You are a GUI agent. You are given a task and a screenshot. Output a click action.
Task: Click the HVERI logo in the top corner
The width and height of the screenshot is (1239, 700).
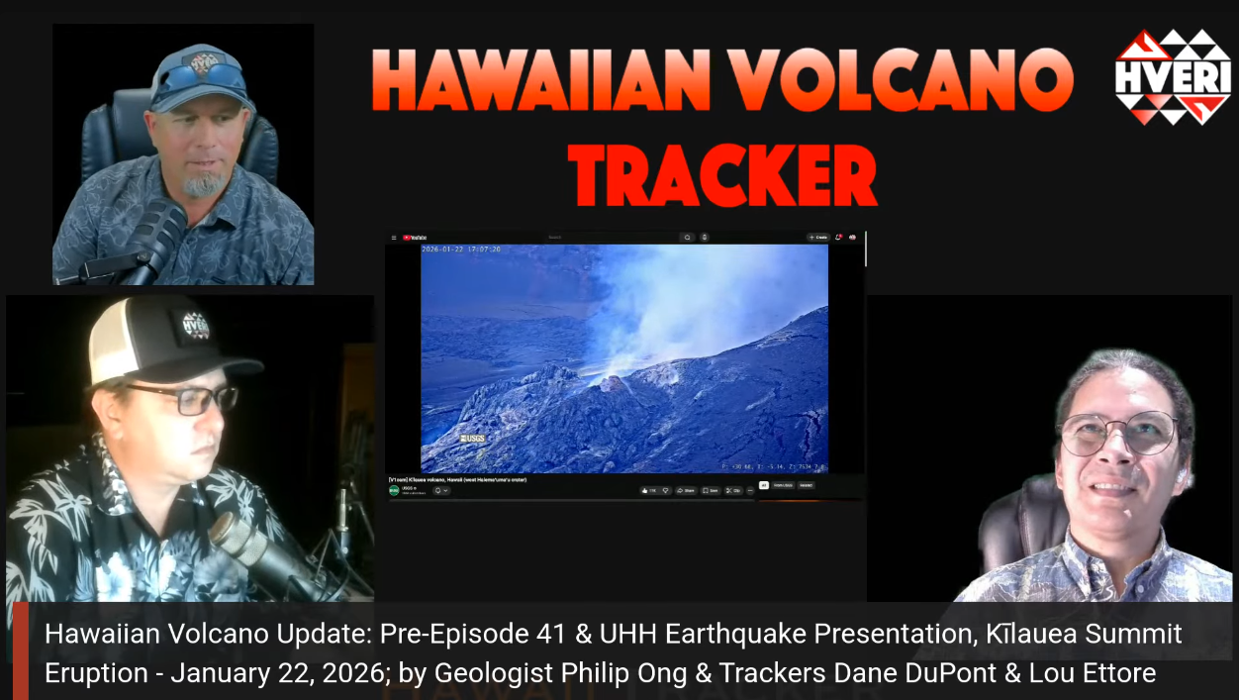(1173, 76)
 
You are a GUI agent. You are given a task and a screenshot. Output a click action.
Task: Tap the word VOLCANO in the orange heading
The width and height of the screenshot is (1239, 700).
(897, 80)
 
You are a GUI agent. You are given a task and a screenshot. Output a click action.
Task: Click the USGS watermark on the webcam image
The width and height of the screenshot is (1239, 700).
(472, 438)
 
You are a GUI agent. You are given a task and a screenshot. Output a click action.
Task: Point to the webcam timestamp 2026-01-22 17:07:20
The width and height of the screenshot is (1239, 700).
(461, 250)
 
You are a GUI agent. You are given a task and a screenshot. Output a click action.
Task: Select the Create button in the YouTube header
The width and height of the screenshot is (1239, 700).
(817, 238)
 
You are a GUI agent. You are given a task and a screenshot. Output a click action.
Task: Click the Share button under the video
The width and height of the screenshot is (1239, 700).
(685, 490)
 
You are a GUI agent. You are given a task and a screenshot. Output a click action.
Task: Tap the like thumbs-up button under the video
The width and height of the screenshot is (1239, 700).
(648, 490)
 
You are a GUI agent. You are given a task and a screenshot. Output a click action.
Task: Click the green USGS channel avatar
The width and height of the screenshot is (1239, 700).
(394, 490)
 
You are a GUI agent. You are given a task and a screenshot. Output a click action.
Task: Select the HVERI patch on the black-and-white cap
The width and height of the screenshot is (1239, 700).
(196, 325)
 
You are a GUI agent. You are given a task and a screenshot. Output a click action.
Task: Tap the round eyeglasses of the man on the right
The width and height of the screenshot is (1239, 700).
(1118, 433)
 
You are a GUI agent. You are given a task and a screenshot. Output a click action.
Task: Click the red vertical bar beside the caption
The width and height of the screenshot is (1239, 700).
(21, 650)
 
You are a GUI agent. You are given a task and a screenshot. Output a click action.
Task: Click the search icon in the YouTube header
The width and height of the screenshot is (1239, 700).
(686, 238)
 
